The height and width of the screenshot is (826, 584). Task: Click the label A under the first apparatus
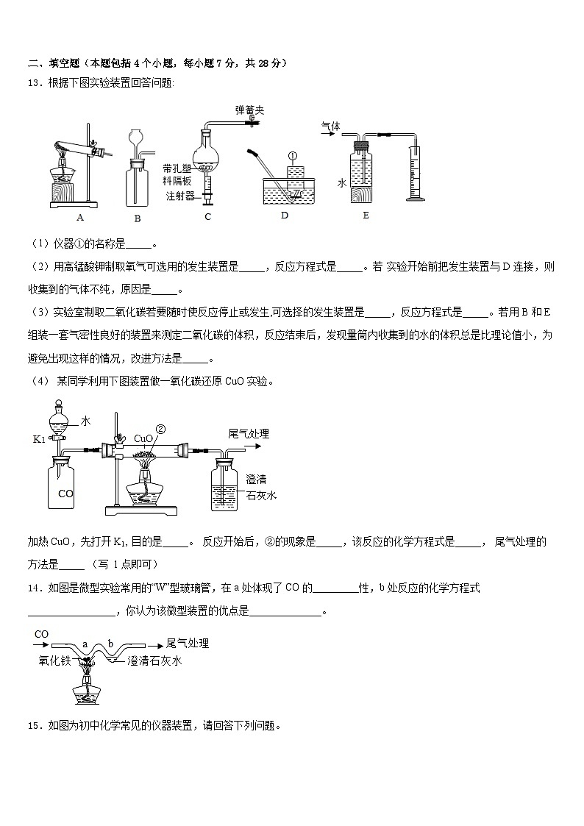tap(79, 217)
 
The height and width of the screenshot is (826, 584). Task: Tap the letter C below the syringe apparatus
tap(207, 217)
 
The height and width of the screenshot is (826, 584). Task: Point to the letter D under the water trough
tap(285, 216)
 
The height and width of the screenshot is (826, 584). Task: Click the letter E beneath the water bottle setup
tap(366, 216)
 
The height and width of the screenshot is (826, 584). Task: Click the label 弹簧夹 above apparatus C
tap(249, 110)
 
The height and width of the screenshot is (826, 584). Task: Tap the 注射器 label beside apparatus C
tap(179, 196)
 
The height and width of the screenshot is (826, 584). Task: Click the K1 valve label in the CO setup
tap(40, 440)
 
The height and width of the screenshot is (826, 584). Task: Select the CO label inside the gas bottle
tap(65, 494)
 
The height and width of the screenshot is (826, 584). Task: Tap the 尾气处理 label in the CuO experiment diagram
tap(249, 434)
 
